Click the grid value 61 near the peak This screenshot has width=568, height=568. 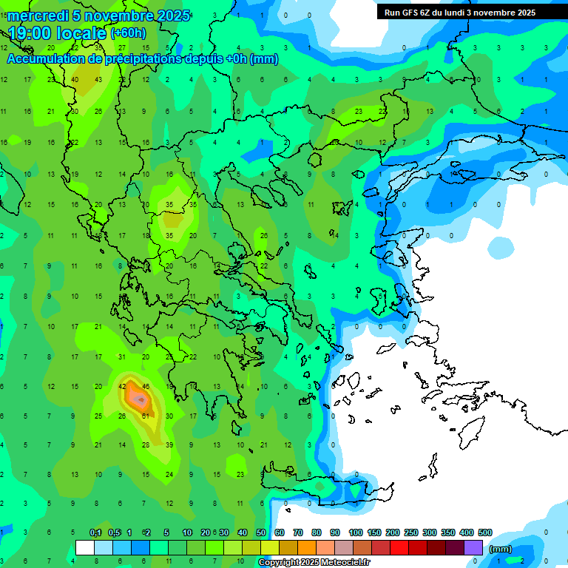pos(146,416)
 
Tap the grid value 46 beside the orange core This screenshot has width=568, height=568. pos(146,386)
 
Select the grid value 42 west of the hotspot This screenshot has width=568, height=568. pos(122,386)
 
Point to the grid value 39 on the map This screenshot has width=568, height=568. pos(169,445)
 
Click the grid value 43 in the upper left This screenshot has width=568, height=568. pos(98,79)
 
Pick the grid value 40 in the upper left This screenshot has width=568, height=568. pos(75,79)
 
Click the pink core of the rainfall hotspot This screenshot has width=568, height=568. pos(138,399)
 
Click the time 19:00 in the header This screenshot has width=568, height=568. pos(33,33)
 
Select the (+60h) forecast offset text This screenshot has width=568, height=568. pos(129,33)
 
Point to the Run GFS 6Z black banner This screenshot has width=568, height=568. pos(465,12)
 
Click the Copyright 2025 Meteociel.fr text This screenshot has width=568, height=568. pos(314,563)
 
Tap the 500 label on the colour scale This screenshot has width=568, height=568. pos(484,532)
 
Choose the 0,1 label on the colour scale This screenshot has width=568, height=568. pos(95,532)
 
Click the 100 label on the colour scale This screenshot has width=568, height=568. pos(356,532)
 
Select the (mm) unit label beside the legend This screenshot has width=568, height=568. pos(501,549)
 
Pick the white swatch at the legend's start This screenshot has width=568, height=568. pos(85,548)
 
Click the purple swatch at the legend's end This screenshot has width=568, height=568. pos(473,548)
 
